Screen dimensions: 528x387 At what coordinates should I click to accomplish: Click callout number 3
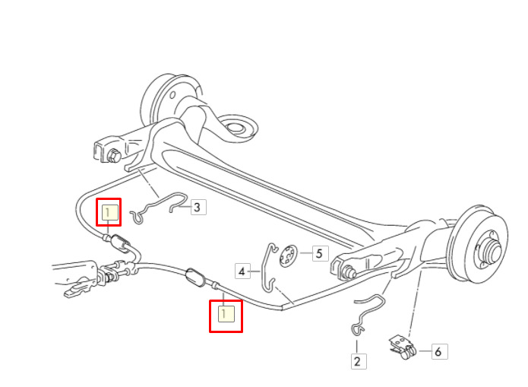click(198, 207)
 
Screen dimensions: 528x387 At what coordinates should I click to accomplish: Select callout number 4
click(243, 271)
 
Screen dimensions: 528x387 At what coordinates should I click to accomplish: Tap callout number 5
click(321, 253)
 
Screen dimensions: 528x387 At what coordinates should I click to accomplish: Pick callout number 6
click(439, 351)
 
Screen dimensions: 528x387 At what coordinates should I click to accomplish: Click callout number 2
click(359, 361)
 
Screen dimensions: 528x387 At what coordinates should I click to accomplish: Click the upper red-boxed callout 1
click(109, 212)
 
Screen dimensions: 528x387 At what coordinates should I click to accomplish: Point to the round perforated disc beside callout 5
click(289, 255)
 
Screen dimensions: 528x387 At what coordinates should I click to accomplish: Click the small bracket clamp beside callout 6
click(403, 347)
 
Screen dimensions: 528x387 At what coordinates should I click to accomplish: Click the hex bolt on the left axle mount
click(114, 156)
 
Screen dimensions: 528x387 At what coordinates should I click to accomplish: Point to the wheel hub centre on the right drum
click(493, 250)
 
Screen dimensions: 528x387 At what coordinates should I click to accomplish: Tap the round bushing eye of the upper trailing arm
click(235, 128)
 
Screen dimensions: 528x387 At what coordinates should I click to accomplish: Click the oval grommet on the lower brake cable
click(195, 278)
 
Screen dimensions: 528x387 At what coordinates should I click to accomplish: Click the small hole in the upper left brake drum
click(173, 95)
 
